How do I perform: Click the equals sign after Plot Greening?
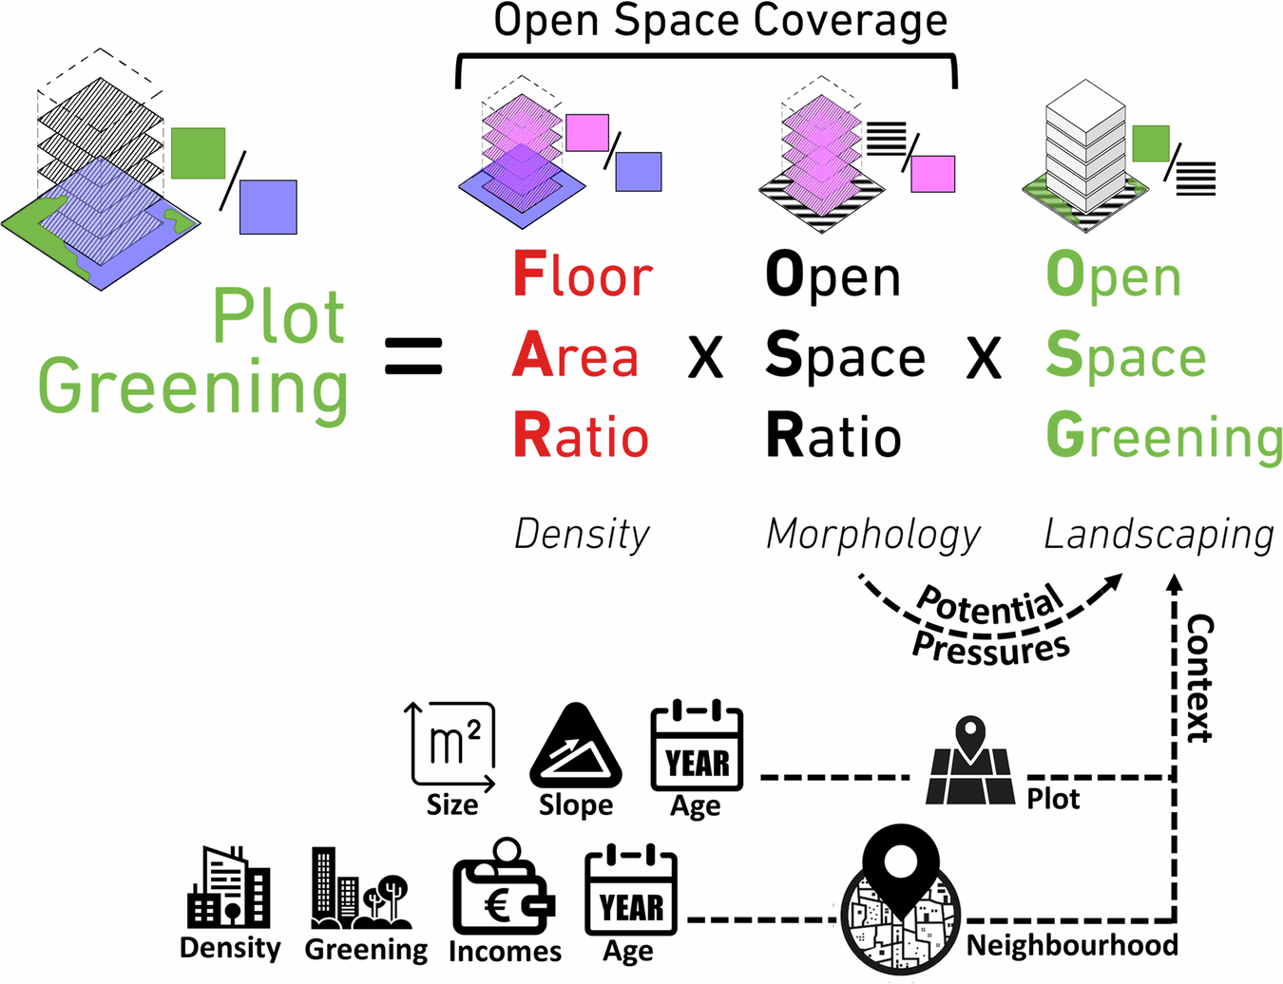pos(413,356)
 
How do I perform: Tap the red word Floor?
pos(583,275)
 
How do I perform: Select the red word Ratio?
pos(581,437)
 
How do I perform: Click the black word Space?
pos(845,357)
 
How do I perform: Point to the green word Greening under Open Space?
pos(1163,437)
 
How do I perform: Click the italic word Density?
pos(582,535)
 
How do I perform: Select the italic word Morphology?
pos(872,536)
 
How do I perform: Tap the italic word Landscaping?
pos(1159,536)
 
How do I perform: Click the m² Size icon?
pos(452,747)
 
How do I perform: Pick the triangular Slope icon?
pos(575,747)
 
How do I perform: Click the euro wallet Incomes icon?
pos(503,888)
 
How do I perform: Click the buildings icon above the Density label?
pos(229,888)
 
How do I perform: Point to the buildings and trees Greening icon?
pos(361,889)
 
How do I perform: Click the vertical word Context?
pos(1200,678)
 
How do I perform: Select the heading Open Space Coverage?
pos(720,21)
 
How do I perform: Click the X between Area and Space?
pos(705,358)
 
